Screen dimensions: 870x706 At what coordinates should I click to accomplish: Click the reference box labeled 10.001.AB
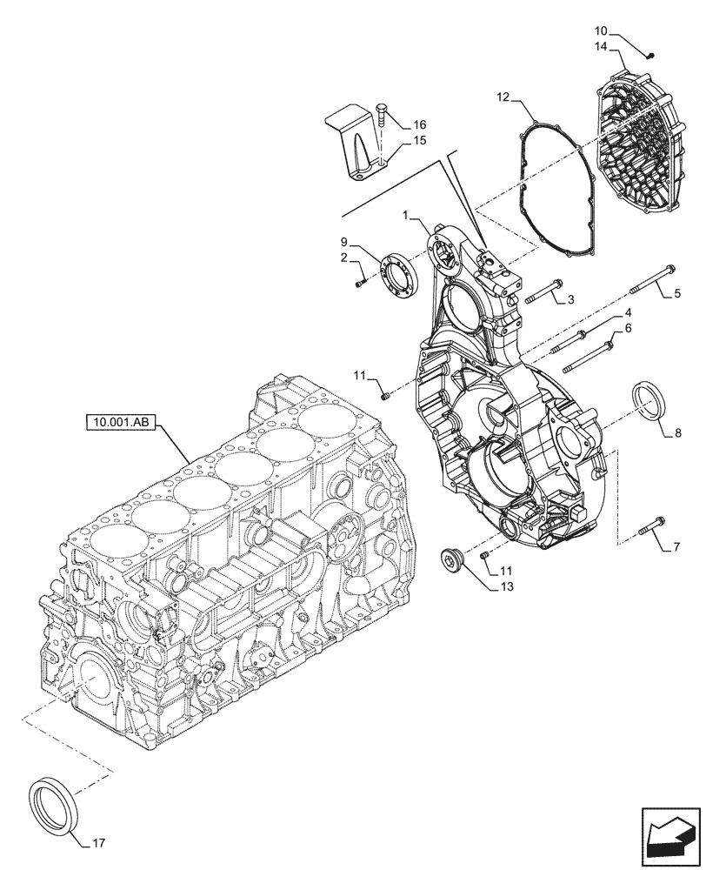coord(120,424)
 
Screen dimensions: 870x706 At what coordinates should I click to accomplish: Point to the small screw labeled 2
coord(360,280)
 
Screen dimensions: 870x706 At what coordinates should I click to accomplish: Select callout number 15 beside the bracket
coord(419,141)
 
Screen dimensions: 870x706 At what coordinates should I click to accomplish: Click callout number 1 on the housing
coord(405,213)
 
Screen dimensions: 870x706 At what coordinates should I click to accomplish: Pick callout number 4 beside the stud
coord(626,312)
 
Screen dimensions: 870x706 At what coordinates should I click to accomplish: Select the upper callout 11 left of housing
coord(357,375)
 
